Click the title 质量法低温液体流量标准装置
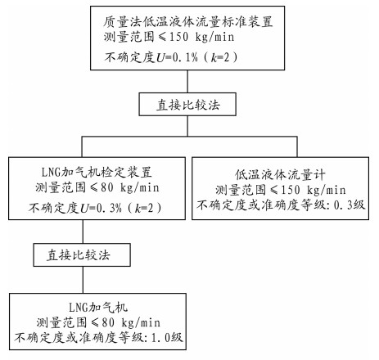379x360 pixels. [188, 22]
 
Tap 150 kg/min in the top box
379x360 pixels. [201, 37]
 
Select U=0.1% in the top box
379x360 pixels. [177, 57]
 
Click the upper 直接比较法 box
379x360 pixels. [187, 104]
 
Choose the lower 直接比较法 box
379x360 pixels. [82, 254]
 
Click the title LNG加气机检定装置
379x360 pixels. [97, 173]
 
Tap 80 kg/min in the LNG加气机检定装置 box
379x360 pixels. [130, 187]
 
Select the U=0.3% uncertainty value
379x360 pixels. [101, 209]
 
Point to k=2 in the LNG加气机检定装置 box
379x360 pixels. [144, 209]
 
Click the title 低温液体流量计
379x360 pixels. [280, 174]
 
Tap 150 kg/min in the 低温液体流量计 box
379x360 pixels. [314, 190]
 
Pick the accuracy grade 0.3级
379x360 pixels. [350, 205]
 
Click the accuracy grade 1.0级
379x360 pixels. [167, 338]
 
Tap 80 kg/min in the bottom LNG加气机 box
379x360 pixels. [131, 322]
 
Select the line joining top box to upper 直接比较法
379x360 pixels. [187, 81]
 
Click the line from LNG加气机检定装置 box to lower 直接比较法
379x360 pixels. [83, 232]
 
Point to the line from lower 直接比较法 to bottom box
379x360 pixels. [83, 280]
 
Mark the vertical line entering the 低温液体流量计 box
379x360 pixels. [297, 146]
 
